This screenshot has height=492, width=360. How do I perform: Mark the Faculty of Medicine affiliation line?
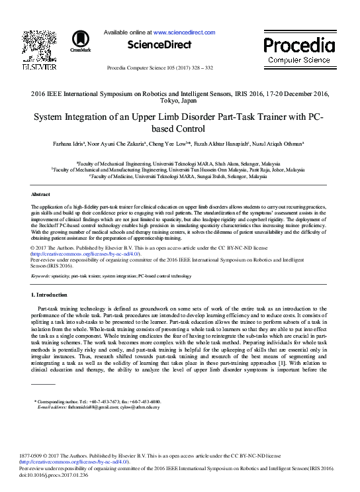tap(181, 177)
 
